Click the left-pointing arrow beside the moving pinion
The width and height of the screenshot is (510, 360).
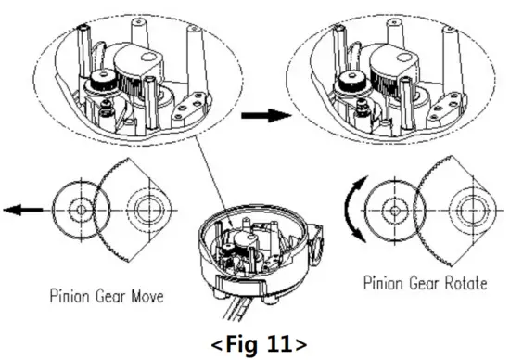coord(23,211)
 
